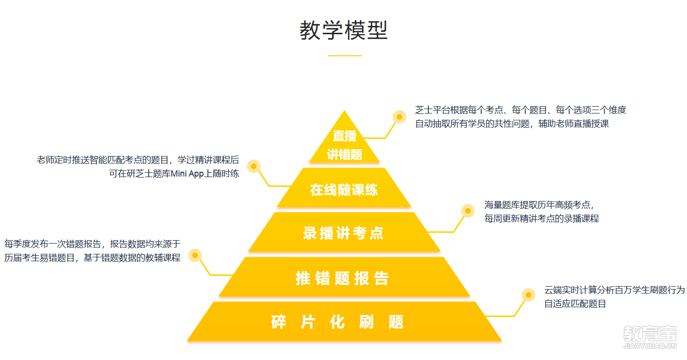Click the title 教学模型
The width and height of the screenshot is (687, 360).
tap(343, 30)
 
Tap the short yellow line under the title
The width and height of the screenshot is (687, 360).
tap(344, 56)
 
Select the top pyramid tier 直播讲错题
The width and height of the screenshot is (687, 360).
tap(344, 145)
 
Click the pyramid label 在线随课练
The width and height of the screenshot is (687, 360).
tap(344, 190)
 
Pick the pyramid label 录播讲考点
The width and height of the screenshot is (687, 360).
tap(343, 233)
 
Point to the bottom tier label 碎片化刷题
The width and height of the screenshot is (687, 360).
tap(337, 322)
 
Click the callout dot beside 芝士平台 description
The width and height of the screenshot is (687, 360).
tap(399, 117)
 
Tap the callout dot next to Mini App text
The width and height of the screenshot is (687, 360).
tap(253, 167)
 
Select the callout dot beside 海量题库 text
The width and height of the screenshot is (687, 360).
tap(468, 211)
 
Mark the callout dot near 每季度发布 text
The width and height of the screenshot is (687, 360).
tap(195, 255)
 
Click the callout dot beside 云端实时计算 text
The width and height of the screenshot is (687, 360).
tap(528, 295)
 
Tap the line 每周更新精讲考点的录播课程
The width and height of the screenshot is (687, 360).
tap(541, 218)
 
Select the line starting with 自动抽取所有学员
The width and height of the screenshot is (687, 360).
tap(511, 124)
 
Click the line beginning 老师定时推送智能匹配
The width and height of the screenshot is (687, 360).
tap(137, 159)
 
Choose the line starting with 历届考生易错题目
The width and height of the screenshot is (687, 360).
tap(92, 257)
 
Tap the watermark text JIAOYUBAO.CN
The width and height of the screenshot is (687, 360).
tap(650, 347)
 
